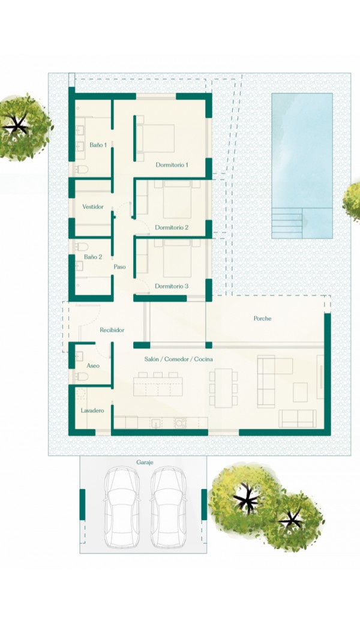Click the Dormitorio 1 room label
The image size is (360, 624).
(172, 165)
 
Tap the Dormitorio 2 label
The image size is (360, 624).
(172, 227)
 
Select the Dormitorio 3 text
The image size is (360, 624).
(172, 286)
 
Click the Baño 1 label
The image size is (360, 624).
(98, 145)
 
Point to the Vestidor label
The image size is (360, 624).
(93, 206)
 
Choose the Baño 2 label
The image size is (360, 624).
(93, 257)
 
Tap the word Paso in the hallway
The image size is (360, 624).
(120, 266)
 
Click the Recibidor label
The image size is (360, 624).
(112, 330)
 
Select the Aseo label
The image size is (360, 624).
(93, 365)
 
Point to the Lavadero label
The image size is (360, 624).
(92, 410)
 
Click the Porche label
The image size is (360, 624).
(263, 319)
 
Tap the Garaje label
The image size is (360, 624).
(145, 463)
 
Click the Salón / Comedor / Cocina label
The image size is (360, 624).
(179, 359)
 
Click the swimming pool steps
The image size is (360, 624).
(287, 223)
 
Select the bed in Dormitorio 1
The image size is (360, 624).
(155, 138)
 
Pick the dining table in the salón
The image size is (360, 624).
(224, 388)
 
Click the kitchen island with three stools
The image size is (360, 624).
(158, 384)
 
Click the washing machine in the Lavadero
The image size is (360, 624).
(81, 394)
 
